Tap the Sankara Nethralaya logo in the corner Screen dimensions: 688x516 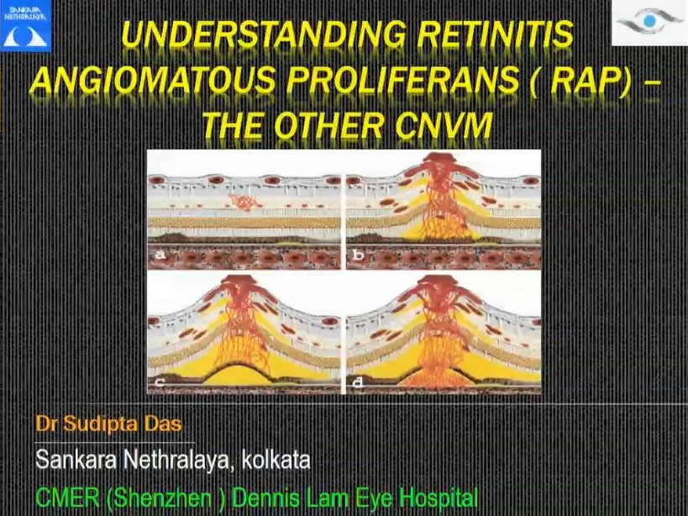click(25, 26)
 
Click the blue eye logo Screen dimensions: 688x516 click(650, 22)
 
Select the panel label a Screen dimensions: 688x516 click(161, 255)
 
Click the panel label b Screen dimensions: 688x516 click(358, 255)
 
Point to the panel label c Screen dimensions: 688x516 click(160, 382)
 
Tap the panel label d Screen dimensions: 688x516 click(358, 382)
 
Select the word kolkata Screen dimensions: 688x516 click(276, 461)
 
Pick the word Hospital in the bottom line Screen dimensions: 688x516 click(439, 498)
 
